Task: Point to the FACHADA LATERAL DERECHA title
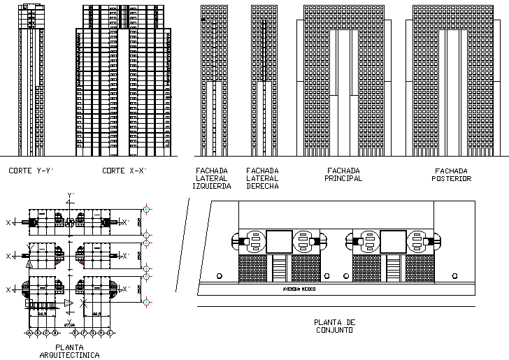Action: click(262, 178)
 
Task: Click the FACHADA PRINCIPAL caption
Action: click(343, 174)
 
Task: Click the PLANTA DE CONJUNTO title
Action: click(335, 326)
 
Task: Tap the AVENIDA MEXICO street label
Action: click(296, 288)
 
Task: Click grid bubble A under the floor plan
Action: click(29, 333)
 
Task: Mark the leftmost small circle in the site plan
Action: click(220, 277)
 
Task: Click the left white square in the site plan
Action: click(279, 241)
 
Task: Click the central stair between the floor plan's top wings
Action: click(70, 222)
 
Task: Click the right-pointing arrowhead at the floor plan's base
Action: click(69, 303)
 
